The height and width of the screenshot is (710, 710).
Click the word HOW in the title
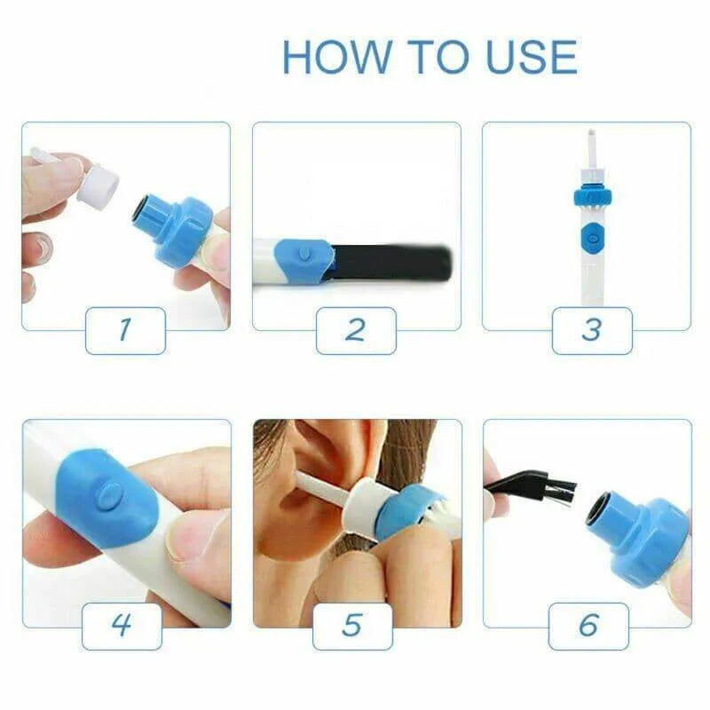(335, 57)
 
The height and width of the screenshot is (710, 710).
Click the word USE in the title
(532, 57)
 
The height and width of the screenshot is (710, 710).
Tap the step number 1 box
(125, 330)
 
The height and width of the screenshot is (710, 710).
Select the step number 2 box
(356, 330)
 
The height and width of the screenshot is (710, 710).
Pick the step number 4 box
(122, 626)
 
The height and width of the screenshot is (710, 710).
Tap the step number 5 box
(352, 626)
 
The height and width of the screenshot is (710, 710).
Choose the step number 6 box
(588, 626)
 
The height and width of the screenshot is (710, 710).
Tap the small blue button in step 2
(304, 254)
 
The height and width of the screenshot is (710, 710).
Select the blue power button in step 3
(588, 237)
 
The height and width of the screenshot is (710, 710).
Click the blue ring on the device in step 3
(588, 195)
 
